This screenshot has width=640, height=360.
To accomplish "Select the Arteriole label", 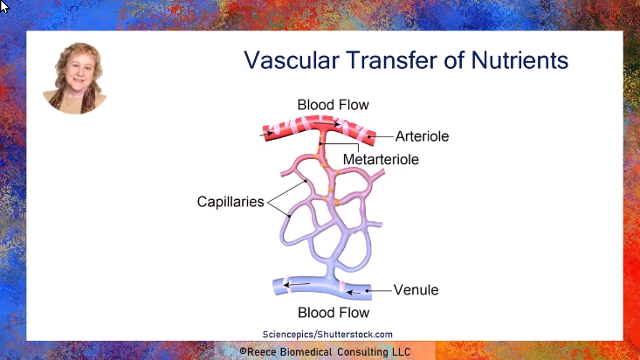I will [422, 136].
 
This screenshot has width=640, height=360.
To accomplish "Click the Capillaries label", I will [231, 202].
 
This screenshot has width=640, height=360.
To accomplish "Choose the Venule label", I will [416, 289].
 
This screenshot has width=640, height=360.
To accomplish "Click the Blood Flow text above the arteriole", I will [333, 105].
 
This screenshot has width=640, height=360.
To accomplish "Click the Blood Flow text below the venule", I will [333, 312].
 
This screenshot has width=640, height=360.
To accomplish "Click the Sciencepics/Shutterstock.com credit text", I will [327, 334].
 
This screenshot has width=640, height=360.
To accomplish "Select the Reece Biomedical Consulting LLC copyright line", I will [325, 351].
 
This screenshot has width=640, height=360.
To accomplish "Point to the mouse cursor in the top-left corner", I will [4, 6].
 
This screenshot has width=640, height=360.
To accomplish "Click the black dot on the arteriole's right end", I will [371, 136].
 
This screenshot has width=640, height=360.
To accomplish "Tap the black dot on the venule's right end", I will [368, 289].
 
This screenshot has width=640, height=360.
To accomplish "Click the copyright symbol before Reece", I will [245, 351].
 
